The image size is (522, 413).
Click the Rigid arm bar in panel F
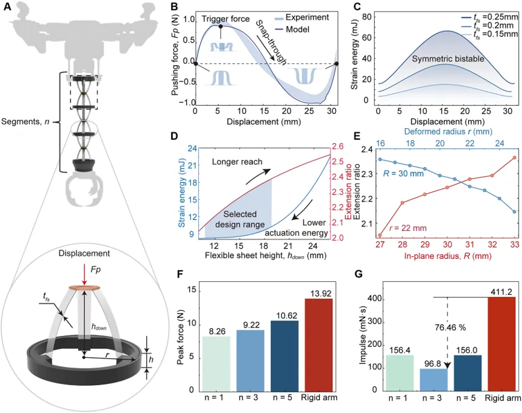click(318, 345)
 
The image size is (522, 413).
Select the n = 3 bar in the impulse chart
click(433, 380)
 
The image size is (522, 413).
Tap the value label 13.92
click(318, 293)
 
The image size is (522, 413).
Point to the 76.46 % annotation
click(450, 327)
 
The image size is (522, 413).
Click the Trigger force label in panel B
click(226, 19)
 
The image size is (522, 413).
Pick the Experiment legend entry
click(301, 18)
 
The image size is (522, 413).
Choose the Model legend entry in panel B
click(292, 29)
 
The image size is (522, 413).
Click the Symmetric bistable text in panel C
click(448, 59)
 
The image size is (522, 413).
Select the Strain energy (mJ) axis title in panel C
click(355, 56)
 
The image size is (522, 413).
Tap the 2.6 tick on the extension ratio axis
click(337, 147)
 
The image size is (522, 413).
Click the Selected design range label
click(239, 219)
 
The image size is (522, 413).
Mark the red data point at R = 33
click(514, 157)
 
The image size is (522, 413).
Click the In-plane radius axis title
click(448, 256)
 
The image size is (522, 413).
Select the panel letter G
click(359, 275)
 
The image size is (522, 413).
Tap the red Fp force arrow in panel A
click(84, 276)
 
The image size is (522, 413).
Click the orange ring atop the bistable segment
click(84, 288)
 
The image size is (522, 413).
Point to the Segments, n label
click(25, 121)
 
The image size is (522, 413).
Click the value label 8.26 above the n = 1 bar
click(217, 332)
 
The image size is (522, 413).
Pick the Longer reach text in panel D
click(237, 162)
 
